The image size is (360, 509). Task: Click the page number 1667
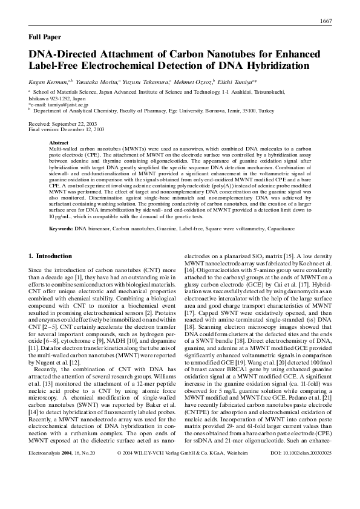click(x=326, y=22)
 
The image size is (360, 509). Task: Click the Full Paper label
click(x=45, y=37)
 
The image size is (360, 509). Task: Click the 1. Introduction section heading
click(x=54, y=256)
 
